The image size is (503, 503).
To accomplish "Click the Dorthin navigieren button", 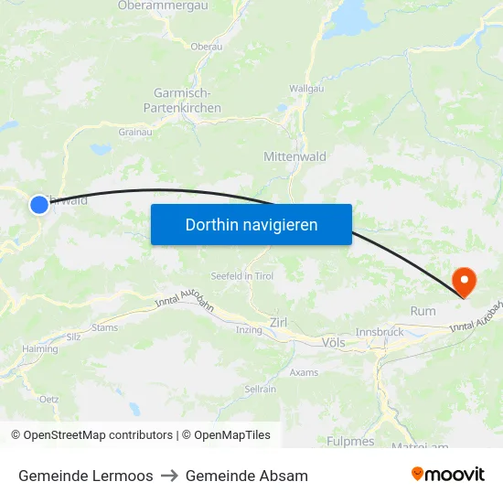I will click(x=251, y=224).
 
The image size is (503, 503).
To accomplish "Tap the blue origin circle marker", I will click(x=39, y=205).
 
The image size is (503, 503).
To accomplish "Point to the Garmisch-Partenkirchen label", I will click(x=182, y=101).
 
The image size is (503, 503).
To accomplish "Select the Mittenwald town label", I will click(x=294, y=156).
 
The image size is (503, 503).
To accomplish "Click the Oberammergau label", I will click(x=163, y=5).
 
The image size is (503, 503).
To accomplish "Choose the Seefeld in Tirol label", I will click(x=242, y=276).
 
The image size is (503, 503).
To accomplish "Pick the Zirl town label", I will click(x=279, y=322).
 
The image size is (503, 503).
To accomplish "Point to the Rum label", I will click(x=423, y=311).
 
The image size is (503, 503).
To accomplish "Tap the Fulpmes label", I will click(x=350, y=441).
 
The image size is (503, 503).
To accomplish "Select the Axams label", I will click(x=304, y=372).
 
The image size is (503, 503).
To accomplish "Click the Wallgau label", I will click(x=305, y=88).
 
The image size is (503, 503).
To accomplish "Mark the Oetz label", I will click(x=48, y=399).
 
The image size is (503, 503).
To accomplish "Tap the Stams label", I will click(x=105, y=326).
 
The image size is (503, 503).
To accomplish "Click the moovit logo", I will click(x=447, y=475).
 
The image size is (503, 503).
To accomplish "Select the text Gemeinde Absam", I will click(x=247, y=476).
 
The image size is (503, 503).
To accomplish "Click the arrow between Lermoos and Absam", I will click(x=169, y=476).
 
